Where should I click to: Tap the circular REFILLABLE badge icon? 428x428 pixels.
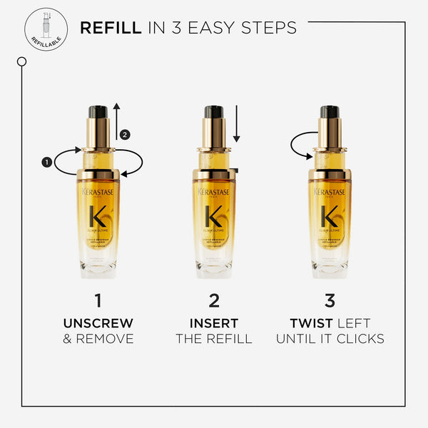[x=46, y=28]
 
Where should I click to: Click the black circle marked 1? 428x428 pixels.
[x=47, y=162]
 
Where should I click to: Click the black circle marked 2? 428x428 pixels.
[x=125, y=134]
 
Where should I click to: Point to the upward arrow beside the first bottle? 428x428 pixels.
[x=116, y=121]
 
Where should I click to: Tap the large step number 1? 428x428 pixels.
[x=98, y=300]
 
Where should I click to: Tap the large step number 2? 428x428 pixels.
[x=214, y=300]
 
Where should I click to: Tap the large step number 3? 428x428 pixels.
[x=330, y=300]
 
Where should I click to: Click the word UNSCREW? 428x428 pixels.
[x=98, y=323]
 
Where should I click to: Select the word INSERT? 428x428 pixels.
[x=214, y=323]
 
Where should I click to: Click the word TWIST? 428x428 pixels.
[x=311, y=323]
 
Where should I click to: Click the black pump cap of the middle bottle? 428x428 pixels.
[x=214, y=112]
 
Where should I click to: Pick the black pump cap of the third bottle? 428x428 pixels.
[x=330, y=112]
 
